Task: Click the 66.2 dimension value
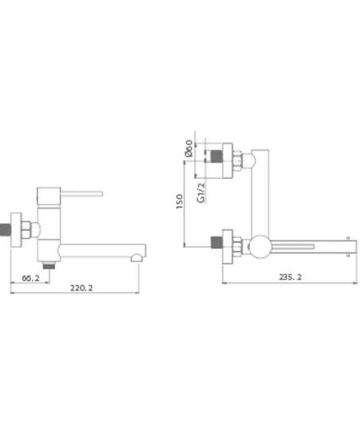click(x=30, y=278)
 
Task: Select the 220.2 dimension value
click(x=81, y=288)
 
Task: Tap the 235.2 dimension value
click(x=290, y=277)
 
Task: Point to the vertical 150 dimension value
click(x=179, y=201)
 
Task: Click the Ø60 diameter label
click(x=189, y=148)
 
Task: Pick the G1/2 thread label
click(x=201, y=193)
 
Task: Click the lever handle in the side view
click(x=81, y=194)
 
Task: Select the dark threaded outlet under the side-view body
click(x=49, y=266)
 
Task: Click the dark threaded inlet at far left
click(x=5, y=229)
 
